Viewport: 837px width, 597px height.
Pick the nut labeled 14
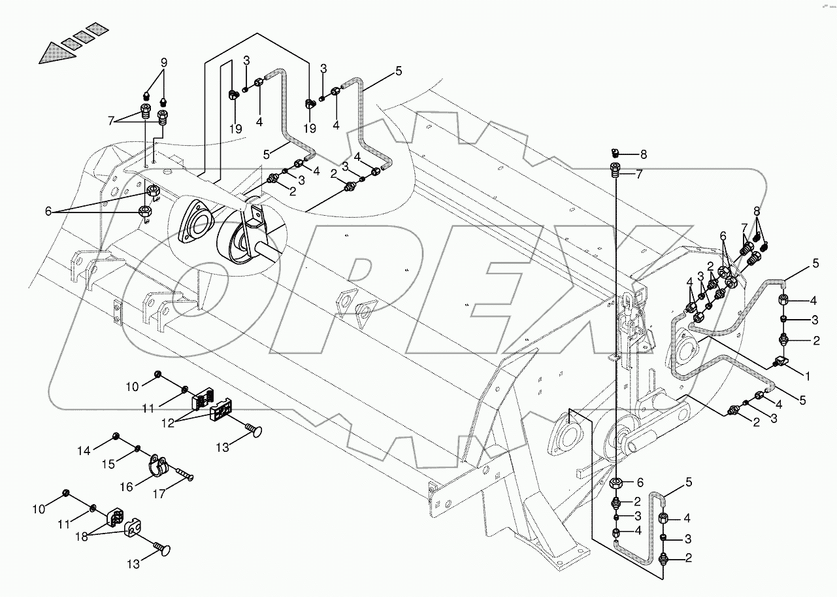click(116, 436)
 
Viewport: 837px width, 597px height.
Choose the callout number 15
click(109, 464)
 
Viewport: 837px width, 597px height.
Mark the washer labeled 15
click(137, 449)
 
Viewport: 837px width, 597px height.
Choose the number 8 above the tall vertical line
click(643, 154)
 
